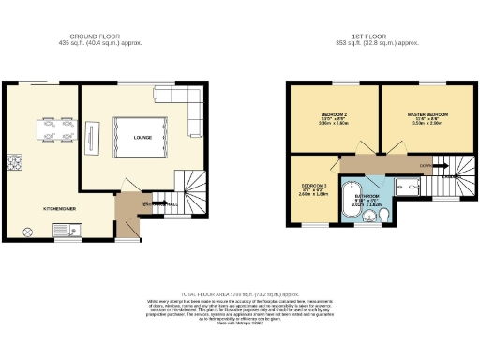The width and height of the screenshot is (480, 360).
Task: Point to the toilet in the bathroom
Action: point(386,217)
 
